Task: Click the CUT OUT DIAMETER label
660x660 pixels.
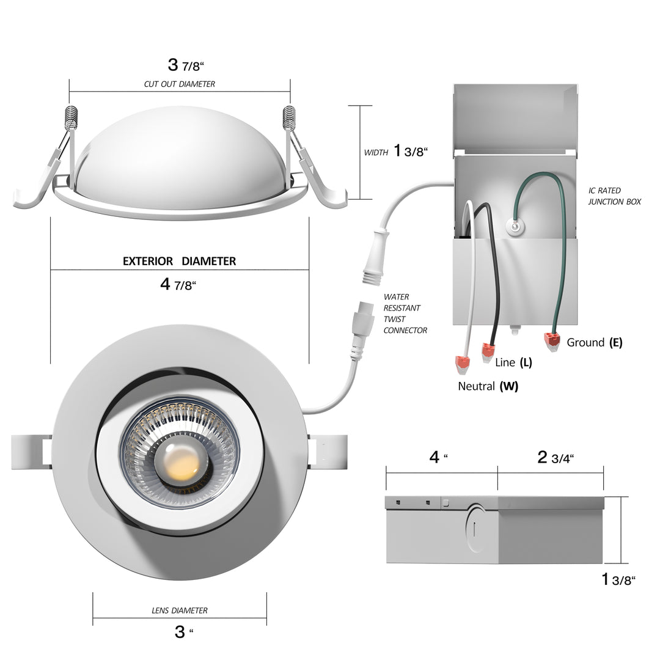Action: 179,84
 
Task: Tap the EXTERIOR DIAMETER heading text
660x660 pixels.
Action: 179,261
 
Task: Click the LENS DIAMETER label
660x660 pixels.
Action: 179,610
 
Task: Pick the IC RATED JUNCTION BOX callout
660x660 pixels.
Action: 614,196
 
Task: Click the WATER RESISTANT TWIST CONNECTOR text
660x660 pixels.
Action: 405,313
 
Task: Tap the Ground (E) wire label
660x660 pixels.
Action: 594,342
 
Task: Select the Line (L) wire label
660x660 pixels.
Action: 513,362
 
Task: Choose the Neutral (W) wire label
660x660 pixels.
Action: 488,386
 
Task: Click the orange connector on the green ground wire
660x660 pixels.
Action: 552,341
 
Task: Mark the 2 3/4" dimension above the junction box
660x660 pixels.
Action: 555,458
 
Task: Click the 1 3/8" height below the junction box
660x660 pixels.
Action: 618,579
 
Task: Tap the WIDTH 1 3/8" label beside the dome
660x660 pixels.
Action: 395,151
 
